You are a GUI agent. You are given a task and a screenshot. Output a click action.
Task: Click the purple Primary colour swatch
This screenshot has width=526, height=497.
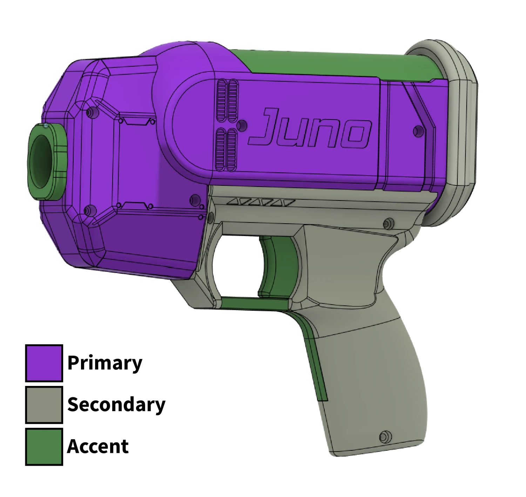pos(44,363)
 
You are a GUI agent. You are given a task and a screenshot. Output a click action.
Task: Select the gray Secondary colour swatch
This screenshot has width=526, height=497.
pos(44,404)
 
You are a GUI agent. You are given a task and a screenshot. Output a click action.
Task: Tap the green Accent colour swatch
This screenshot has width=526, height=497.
pos(44,446)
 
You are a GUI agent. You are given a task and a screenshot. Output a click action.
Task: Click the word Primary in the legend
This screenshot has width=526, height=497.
pos(104,363)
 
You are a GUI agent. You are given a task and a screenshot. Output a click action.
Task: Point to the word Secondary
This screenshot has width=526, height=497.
pos(116,404)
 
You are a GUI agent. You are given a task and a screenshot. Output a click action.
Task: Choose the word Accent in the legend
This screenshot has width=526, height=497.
pos(97,446)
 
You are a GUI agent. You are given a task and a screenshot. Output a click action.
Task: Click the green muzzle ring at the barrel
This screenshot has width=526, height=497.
pos(46,162)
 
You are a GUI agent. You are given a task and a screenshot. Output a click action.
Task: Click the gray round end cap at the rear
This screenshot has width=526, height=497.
pos(456,133)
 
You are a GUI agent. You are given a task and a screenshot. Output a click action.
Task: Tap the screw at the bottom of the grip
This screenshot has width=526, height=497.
pos(385,437)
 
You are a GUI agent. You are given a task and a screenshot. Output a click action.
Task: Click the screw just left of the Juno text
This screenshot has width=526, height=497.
pos(242,125)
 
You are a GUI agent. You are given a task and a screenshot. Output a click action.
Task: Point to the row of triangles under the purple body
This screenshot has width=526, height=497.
pos(261,203)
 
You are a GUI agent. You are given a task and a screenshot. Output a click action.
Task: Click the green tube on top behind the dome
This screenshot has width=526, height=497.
pos(337,63)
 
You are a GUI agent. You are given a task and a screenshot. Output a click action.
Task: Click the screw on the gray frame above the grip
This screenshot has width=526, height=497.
pos(388,223)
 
